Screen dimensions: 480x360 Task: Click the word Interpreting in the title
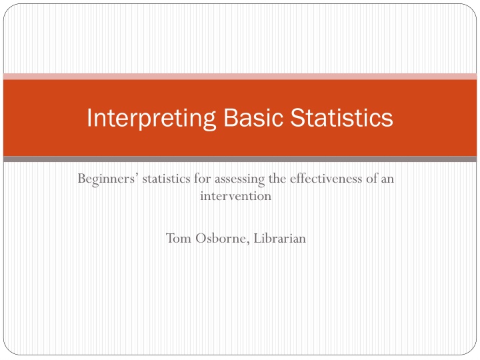tap(151, 119)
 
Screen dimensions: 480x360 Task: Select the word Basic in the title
tap(253, 117)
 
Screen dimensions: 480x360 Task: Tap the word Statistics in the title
tap(341, 117)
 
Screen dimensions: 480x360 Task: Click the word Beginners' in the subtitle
tap(107, 179)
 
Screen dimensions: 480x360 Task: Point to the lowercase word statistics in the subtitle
tap(165, 179)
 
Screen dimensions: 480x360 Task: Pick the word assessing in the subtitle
tap(239, 180)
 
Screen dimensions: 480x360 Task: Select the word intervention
tap(236, 196)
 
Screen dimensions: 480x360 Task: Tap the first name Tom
tap(179, 238)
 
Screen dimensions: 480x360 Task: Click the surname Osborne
tap(221, 238)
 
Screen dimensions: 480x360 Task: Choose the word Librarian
tap(280, 238)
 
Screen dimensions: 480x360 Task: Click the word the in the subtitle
tap(277, 179)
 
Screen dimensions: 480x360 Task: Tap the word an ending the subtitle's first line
tap(387, 180)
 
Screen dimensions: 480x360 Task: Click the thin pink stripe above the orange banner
tap(240, 77)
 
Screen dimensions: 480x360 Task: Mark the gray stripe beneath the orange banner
tap(240, 159)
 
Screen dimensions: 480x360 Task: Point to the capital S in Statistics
tap(297, 117)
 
